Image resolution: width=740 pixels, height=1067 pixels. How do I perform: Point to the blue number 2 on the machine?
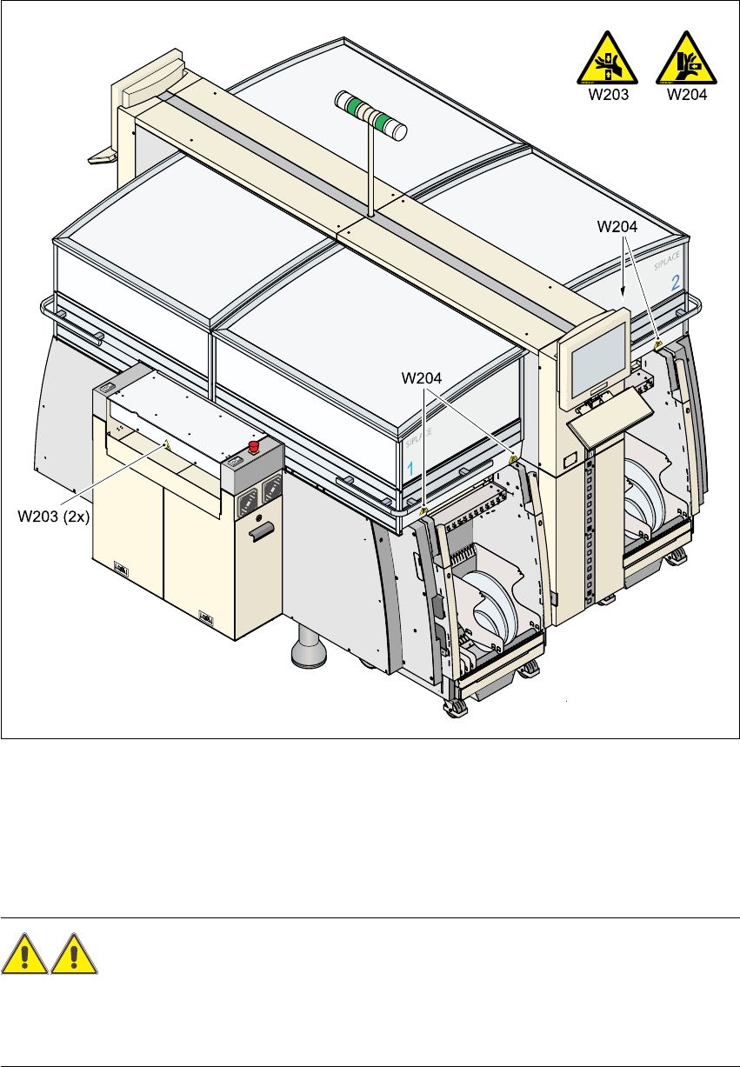coord(675,283)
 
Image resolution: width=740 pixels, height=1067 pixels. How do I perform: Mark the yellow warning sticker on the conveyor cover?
coord(167,443)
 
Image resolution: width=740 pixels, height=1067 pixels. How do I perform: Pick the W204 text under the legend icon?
coord(687,96)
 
